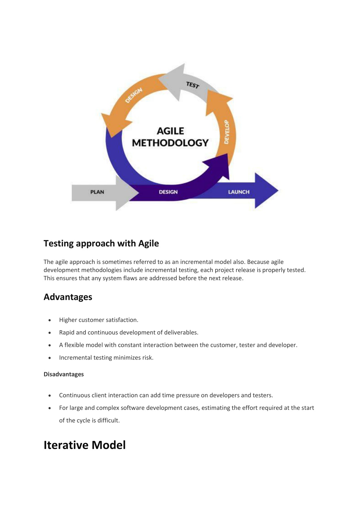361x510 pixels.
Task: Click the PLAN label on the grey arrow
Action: [x=97, y=192]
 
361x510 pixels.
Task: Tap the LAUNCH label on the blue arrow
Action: [x=239, y=192]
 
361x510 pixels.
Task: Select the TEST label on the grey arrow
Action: [x=193, y=85]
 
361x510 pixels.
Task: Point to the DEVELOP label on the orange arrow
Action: [x=226, y=132]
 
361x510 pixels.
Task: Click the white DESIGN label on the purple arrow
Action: [x=168, y=192]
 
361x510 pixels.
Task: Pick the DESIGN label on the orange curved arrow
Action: [x=134, y=95]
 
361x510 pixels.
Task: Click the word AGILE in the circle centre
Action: [x=170, y=131]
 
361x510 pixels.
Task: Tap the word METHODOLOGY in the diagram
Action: [x=170, y=143]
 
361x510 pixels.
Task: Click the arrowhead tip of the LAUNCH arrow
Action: [x=278, y=190]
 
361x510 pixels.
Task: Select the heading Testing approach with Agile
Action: [x=101, y=244]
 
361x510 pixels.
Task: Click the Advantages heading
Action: [x=68, y=297]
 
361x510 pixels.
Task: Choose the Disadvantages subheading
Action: [x=64, y=374]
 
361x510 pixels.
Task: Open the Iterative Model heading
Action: [x=85, y=445]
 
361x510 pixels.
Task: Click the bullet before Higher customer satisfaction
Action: [x=50, y=320]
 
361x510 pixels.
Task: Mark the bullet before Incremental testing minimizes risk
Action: [x=50, y=358]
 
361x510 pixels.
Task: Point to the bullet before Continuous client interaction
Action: [x=50, y=396]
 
